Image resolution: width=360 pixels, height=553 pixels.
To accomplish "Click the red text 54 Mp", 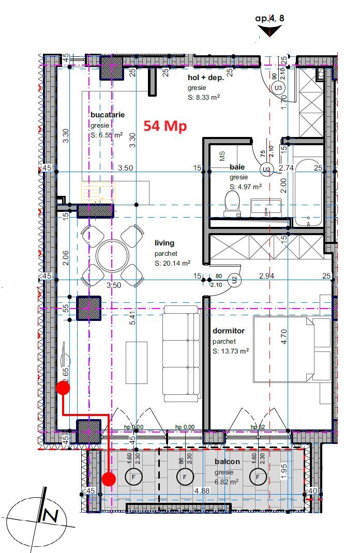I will [165, 126].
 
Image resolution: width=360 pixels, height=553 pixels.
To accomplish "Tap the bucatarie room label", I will [107, 115].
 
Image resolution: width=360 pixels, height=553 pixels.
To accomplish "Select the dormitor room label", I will [228, 331].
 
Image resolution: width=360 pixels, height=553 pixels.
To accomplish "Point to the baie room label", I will [237, 167].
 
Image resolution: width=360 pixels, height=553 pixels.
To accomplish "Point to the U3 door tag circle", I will [279, 88].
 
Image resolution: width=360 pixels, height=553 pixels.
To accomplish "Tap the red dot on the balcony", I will [108, 479].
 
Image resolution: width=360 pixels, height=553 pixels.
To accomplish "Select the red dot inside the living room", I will [63, 388].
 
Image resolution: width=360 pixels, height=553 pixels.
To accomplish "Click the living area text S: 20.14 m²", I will [172, 264].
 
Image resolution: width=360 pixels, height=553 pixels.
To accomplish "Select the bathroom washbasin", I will [266, 208].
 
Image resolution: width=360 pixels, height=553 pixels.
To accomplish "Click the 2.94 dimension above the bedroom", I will [266, 276].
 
